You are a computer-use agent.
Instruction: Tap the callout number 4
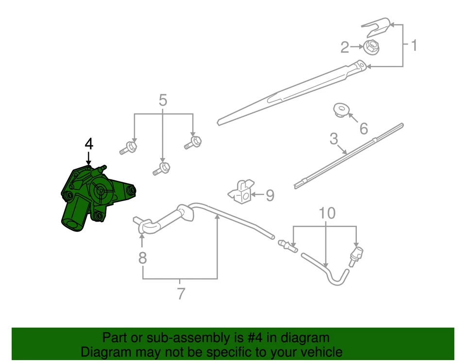click(88, 144)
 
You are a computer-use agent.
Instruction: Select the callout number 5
click(163, 101)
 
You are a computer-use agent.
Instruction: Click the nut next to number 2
click(371, 47)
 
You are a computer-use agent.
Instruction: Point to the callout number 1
click(414, 46)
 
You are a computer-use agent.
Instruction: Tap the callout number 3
click(333, 139)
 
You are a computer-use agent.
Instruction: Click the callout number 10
click(327, 213)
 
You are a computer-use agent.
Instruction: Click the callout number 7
click(181, 293)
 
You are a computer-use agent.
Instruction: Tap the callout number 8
click(142, 258)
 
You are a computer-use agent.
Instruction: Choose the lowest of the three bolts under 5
click(162, 169)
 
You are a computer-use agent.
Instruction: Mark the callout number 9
click(270, 195)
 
